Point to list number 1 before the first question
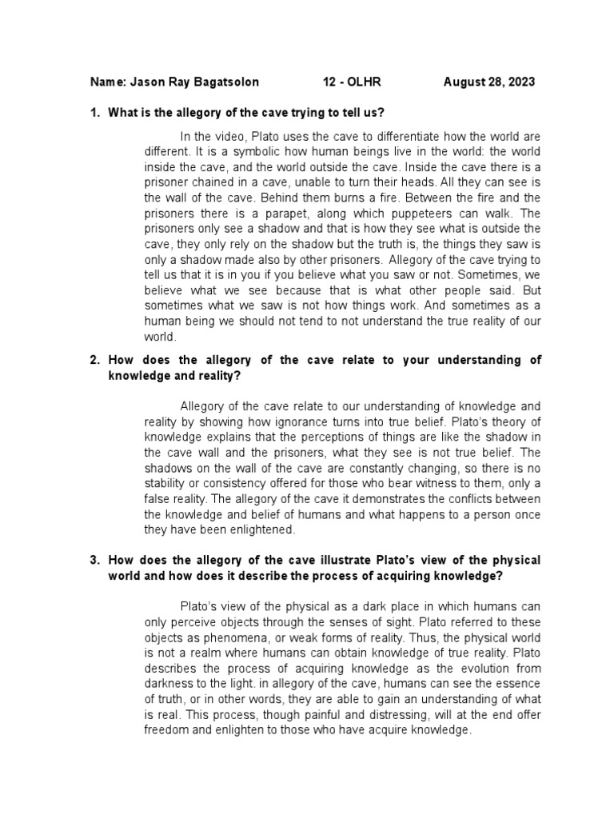point(94,112)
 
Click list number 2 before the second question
point(94,360)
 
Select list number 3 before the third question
point(94,559)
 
